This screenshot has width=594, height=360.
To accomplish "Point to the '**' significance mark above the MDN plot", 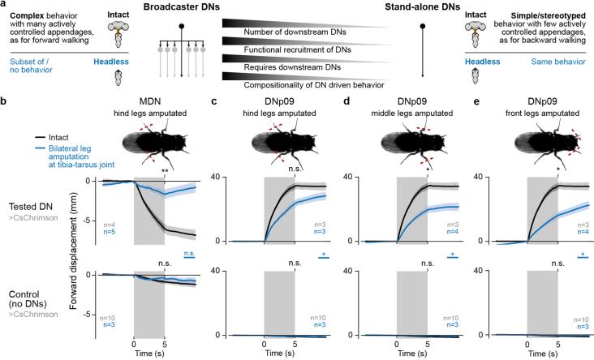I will (x=166, y=171).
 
